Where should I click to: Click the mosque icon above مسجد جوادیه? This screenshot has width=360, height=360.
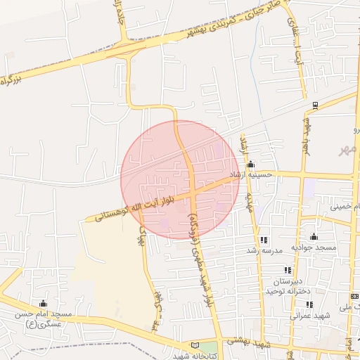tap(314, 237)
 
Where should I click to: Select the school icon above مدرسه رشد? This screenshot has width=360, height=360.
tap(264, 240)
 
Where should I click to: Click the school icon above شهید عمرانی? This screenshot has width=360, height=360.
tap(309, 304)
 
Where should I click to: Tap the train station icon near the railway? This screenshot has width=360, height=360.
tap(315, 106)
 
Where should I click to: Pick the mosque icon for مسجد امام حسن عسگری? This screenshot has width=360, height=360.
tap(44, 302)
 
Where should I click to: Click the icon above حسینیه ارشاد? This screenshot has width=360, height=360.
tap(251, 164)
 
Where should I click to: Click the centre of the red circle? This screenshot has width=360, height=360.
tap(180, 180)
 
